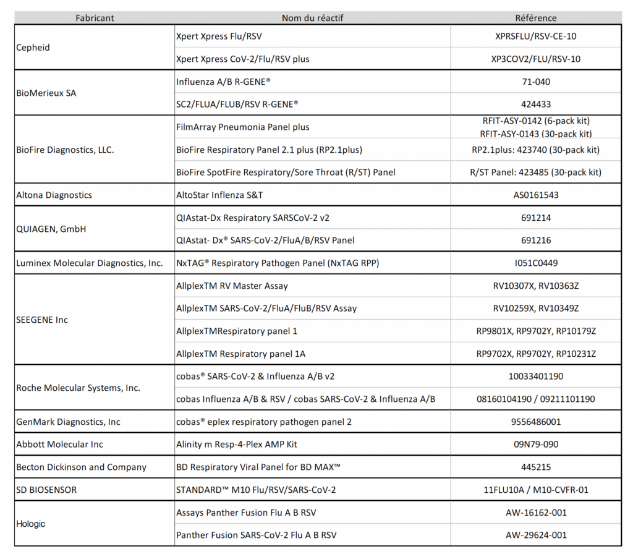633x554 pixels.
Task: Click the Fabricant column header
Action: coord(95,18)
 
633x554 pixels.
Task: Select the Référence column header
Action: coord(535,18)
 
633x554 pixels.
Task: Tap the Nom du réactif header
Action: coord(312,18)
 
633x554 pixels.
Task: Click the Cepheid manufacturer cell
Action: coord(33,48)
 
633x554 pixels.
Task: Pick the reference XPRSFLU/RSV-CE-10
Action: coord(535,36)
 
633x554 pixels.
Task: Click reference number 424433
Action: coord(535,104)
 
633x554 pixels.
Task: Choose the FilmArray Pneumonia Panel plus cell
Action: coord(243,127)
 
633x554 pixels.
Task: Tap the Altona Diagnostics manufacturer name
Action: coord(54,195)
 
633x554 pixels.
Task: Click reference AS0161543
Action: coord(535,195)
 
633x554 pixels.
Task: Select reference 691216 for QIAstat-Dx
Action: coord(535,240)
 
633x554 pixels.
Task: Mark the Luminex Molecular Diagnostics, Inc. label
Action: coord(90,263)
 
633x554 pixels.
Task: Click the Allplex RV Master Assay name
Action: coord(232,286)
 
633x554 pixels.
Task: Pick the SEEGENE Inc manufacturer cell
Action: coord(42,320)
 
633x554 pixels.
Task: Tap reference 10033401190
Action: coord(535,376)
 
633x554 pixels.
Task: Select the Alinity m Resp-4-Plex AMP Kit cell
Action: coord(232,444)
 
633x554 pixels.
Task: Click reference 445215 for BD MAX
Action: coord(535,467)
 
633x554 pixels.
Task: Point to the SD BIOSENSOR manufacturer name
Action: coord(46,490)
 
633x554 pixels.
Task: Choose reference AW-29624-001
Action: coord(535,535)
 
